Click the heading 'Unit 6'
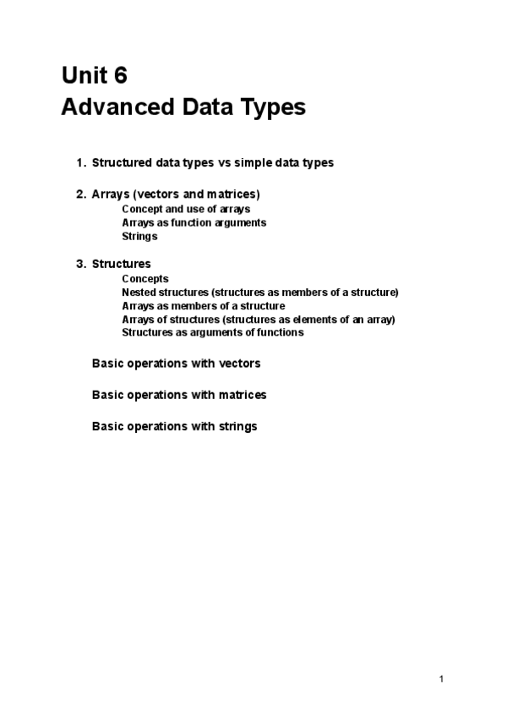(94, 75)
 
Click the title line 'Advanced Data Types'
(183, 107)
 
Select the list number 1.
(80, 162)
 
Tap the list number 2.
(80, 194)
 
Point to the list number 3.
(80, 264)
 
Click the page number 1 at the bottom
(441, 679)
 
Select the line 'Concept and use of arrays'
(185, 208)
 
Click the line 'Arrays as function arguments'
(194, 222)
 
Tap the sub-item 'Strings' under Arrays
(139, 236)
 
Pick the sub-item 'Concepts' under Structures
(145, 278)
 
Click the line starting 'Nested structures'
(259, 292)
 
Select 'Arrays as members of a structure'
(203, 305)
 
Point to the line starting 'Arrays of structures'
(258, 319)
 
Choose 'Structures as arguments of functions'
(212, 332)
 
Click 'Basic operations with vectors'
(176, 364)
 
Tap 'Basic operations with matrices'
(179, 395)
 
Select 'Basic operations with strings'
(174, 426)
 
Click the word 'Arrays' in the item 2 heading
(110, 194)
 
